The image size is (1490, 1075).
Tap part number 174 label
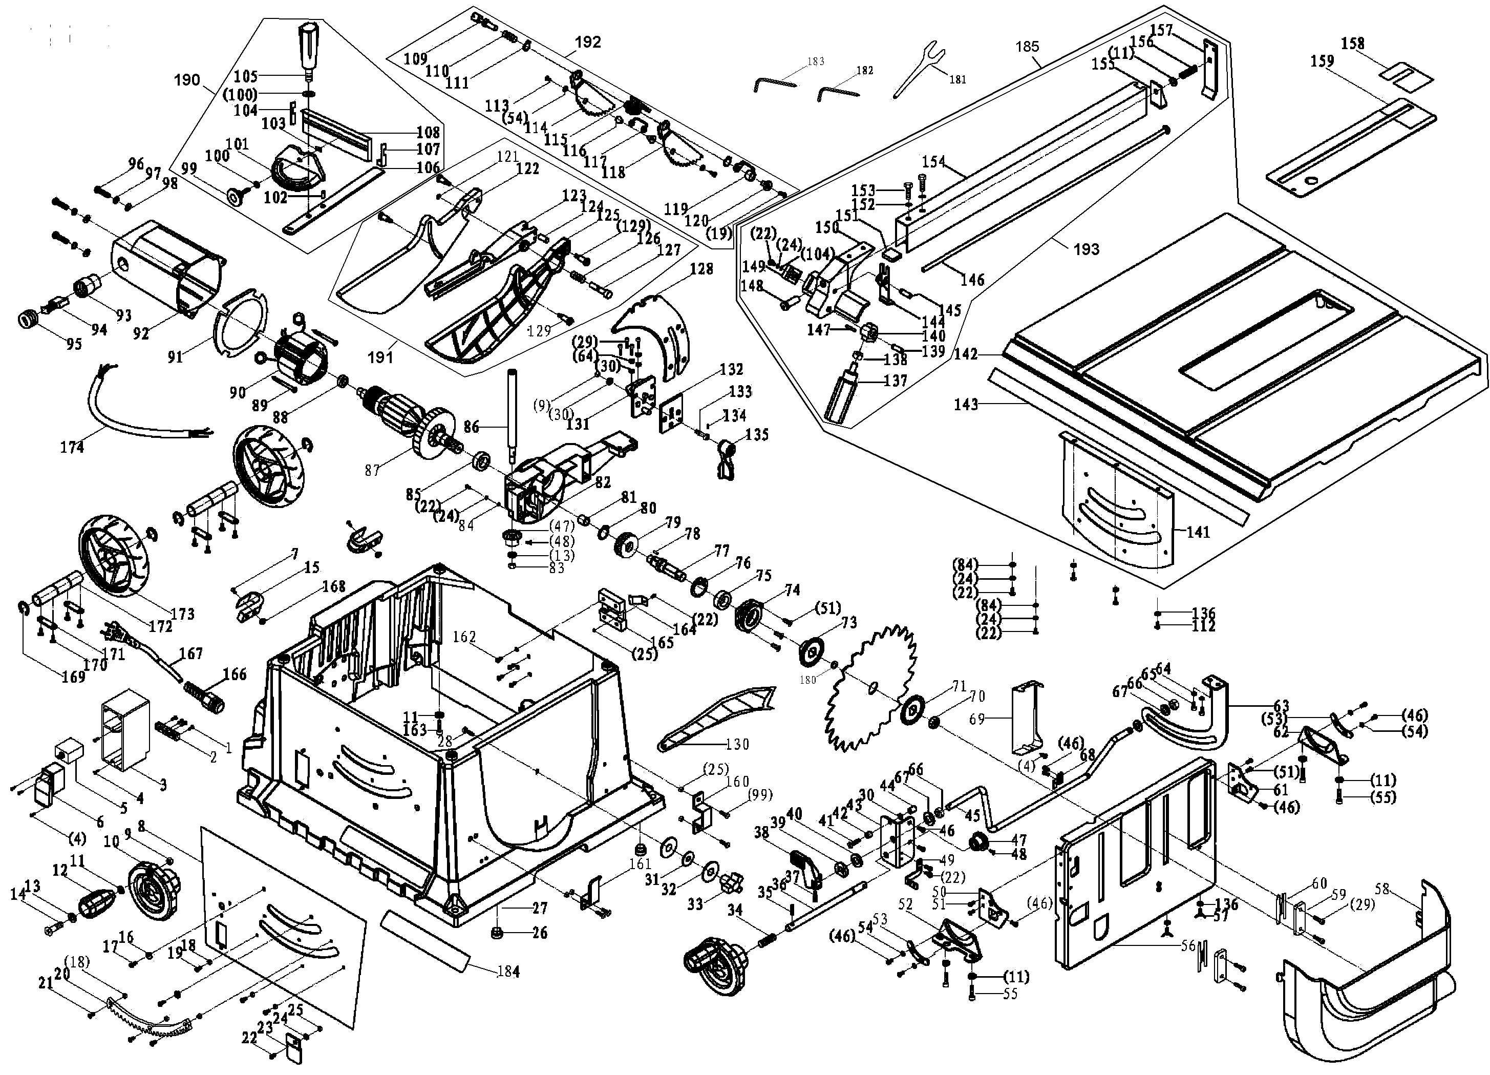point(72,448)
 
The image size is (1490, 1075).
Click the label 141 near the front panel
point(1198,532)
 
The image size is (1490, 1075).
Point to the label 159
point(1323,61)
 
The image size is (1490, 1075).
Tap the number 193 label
point(1086,249)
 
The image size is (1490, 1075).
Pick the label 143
point(966,404)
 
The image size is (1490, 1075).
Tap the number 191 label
point(380,357)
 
